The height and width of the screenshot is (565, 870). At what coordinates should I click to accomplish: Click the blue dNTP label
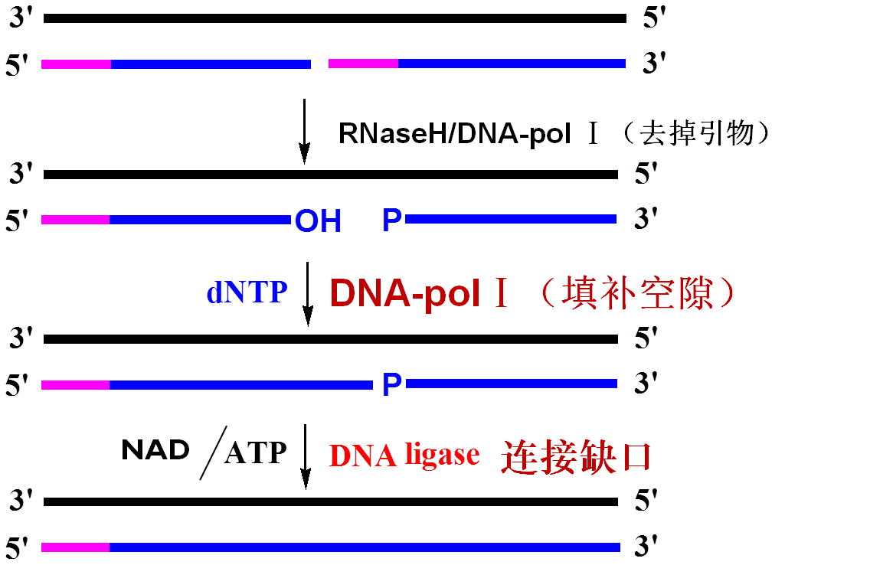[247, 292]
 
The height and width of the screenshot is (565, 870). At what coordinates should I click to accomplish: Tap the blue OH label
[318, 221]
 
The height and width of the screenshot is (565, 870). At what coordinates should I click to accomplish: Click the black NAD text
[155, 450]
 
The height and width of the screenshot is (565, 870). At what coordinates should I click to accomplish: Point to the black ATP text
[255, 452]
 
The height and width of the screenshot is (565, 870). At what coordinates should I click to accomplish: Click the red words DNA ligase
[404, 455]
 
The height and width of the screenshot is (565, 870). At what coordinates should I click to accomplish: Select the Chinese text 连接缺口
[576, 456]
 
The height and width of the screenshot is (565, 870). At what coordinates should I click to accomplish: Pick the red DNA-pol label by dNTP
[404, 292]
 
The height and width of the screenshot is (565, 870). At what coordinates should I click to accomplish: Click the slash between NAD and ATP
[213, 453]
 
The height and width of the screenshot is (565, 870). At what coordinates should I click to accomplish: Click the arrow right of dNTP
[308, 293]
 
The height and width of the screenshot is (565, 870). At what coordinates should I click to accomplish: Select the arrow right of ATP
[306, 456]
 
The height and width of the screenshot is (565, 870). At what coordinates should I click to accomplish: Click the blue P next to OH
[392, 220]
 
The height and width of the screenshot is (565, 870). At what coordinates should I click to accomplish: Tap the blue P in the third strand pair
[392, 384]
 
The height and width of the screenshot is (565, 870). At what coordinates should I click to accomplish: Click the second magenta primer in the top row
[363, 64]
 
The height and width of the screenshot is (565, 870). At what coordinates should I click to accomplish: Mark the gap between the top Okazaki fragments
[319, 64]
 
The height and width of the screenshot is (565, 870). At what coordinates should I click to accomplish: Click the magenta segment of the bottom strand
[75, 547]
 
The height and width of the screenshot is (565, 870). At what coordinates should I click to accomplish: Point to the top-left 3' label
[21, 18]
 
